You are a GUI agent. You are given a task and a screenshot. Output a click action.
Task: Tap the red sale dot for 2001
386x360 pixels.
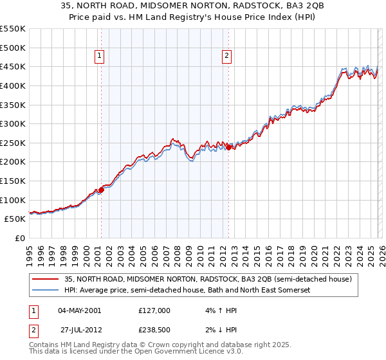(101, 190)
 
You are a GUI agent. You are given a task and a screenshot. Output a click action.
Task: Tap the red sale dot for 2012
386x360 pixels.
(228, 147)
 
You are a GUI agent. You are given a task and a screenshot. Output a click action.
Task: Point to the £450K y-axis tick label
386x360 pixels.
(13, 66)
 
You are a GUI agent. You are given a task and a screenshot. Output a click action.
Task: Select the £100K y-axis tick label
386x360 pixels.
(13, 200)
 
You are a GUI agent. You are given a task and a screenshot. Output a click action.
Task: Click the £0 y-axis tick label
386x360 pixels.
(19, 238)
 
